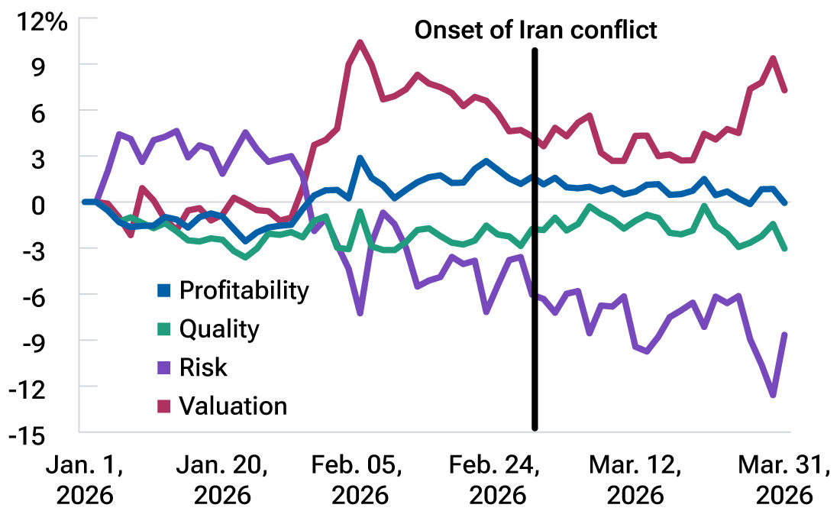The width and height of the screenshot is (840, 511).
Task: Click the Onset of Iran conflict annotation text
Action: tap(535, 30)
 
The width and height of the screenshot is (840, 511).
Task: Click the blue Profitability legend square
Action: tap(163, 291)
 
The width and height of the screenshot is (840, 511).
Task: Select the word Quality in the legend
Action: tap(219, 329)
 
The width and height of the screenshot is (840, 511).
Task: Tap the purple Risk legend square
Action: tap(163, 367)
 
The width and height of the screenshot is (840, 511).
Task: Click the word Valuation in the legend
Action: tap(233, 406)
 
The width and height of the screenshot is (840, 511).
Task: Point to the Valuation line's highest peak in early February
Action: tap(360, 42)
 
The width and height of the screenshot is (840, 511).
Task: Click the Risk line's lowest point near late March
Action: tap(773, 395)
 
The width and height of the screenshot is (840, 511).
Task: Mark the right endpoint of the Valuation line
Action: tap(785, 90)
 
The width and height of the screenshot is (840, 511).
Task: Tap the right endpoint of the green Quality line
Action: tap(785, 248)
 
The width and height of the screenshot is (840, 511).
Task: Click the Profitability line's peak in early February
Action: tap(360, 158)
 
